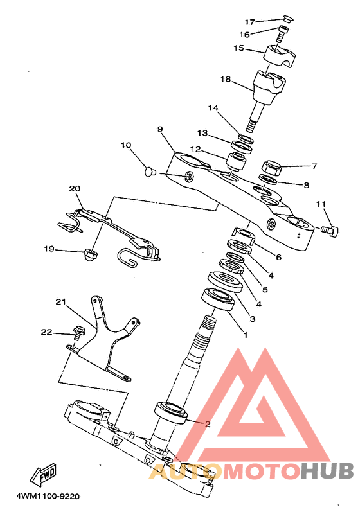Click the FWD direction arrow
44,474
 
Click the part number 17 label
250,22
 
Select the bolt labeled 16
283,33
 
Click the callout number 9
159,129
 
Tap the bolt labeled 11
329,231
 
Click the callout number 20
75,189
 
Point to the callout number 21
61,302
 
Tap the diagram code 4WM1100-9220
48,497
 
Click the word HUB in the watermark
327,471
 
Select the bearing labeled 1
218,299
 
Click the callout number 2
208,424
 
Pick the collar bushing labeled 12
237,161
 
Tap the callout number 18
226,79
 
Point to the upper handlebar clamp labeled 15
280,55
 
